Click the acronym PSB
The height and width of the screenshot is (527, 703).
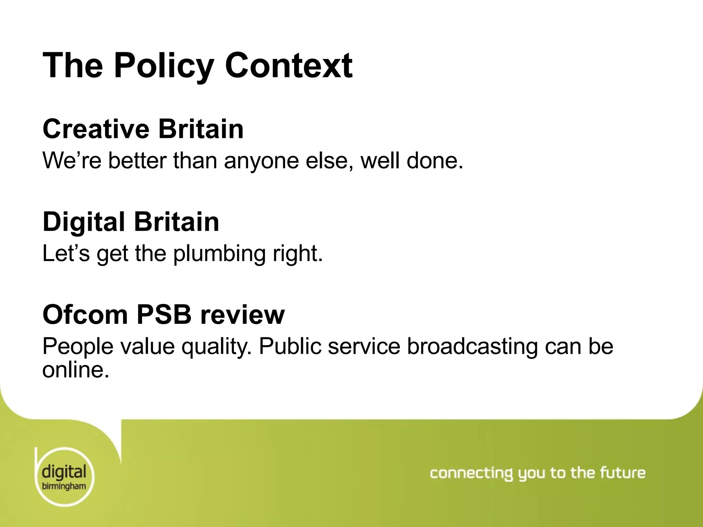point(164,314)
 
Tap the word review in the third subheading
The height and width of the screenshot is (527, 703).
point(242,315)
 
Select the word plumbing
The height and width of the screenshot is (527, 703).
point(219,254)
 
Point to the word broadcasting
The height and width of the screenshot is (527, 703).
point(472,347)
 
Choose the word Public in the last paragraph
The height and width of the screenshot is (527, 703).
point(291,347)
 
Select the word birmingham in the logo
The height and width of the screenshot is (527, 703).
point(64,486)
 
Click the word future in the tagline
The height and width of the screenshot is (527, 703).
point(623,473)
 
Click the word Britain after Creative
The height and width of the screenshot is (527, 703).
point(201,129)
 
